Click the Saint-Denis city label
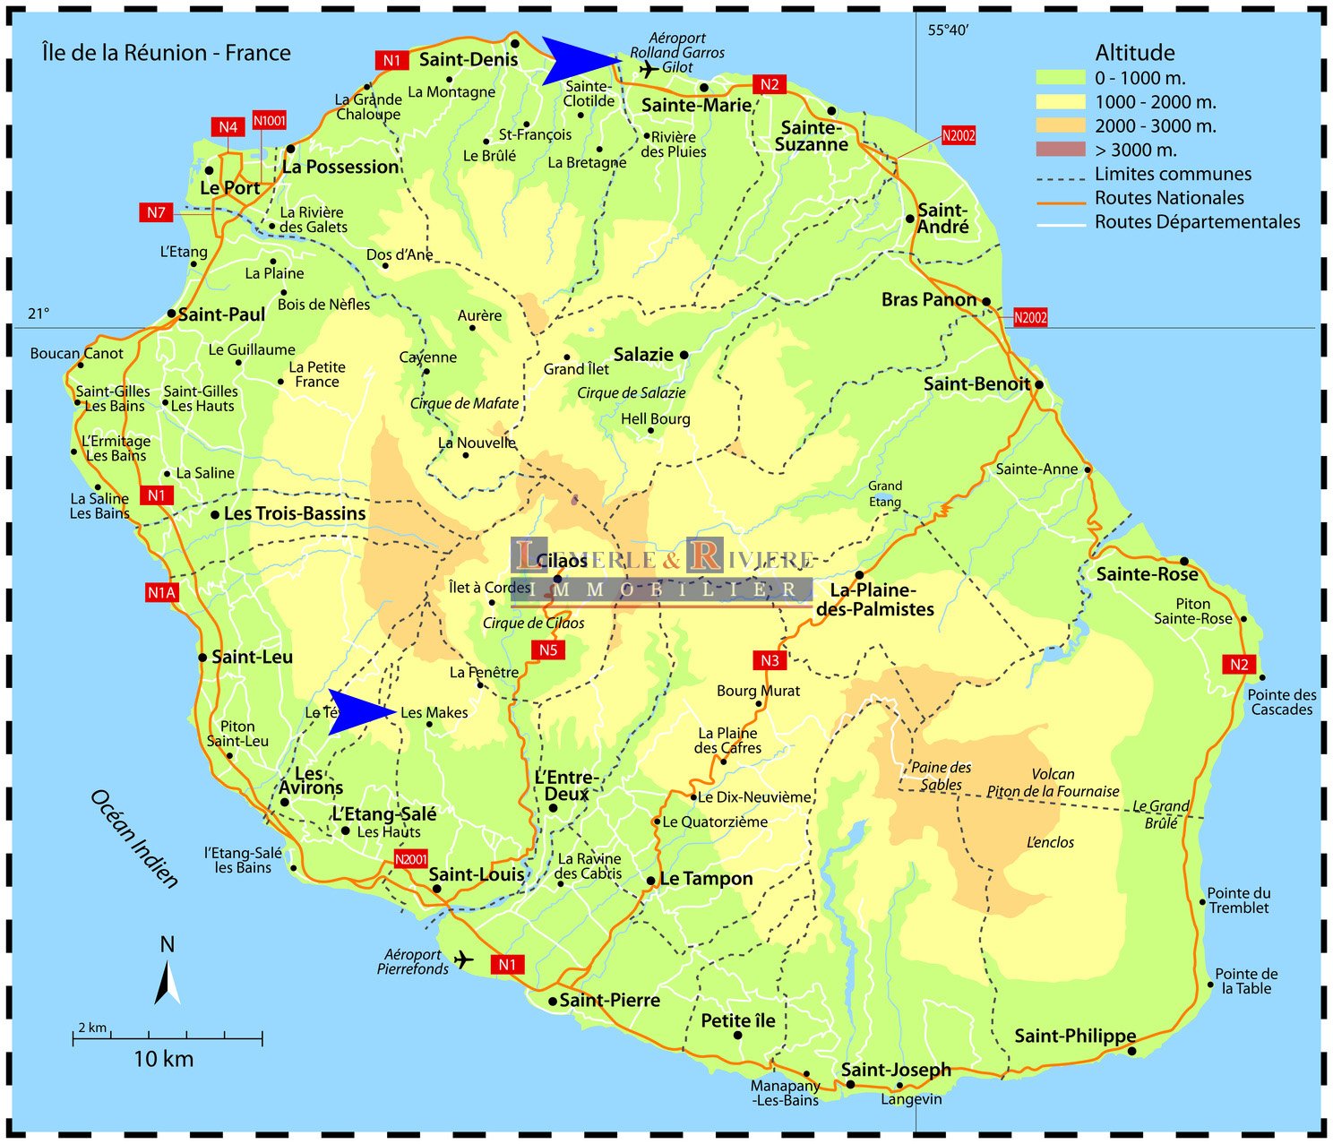(469, 60)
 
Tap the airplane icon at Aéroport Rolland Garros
(648, 68)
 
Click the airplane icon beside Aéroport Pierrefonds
(463, 960)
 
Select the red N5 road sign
(547, 649)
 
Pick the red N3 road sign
(770, 660)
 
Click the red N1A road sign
(162, 592)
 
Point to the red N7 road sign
(157, 212)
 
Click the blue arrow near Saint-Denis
(578, 61)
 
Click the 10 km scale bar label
(163, 1059)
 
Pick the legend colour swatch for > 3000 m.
(1060, 150)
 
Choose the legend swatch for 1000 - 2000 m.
(1060, 102)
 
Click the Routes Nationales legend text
(1169, 198)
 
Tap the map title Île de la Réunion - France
(167, 53)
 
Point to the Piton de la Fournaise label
(1053, 791)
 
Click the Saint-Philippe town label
(1074, 1036)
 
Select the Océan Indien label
(134, 839)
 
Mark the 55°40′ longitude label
(948, 30)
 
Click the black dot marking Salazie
(684, 355)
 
